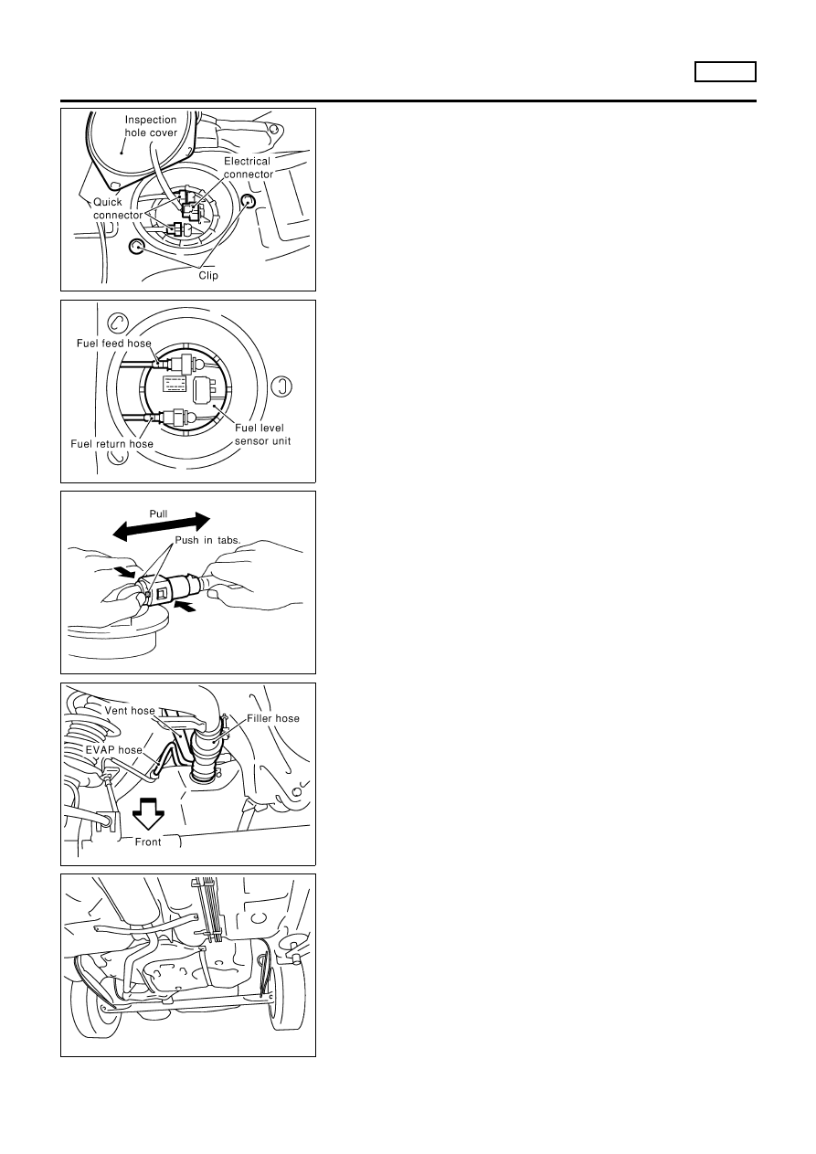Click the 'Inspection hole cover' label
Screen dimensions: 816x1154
[x=151, y=126]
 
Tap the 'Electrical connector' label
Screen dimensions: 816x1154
[x=248, y=168]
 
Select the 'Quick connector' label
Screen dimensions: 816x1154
[x=118, y=208]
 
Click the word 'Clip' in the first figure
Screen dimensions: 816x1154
[x=208, y=276]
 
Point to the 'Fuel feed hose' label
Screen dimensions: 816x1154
[x=114, y=344]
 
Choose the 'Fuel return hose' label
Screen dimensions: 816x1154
[x=111, y=444]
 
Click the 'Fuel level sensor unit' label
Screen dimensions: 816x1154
[x=263, y=434]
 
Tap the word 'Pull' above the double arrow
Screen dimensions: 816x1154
[x=158, y=514]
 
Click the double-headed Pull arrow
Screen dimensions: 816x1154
[x=161, y=527]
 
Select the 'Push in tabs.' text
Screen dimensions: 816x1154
[x=207, y=540]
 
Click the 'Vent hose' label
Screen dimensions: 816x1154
[x=130, y=711]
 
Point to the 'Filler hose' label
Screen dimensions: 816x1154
[x=273, y=719]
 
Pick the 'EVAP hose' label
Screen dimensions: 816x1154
[x=114, y=750]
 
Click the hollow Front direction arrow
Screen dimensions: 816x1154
[x=148, y=813]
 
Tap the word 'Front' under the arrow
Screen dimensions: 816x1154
[x=148, y=842]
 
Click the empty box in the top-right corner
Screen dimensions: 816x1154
[x=725, y=71]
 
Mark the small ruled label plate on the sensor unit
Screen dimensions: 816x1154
[x=175, y=384]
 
